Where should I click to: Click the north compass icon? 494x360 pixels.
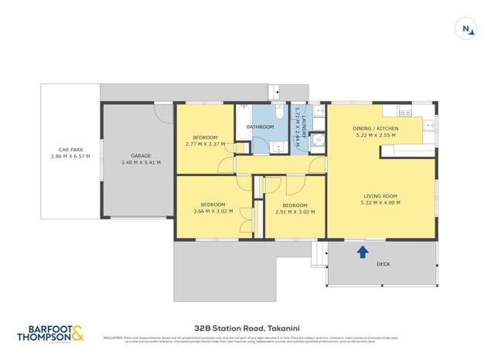[465, 29]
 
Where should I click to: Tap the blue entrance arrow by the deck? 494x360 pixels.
[362, 250]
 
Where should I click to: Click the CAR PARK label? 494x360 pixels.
[70, 150]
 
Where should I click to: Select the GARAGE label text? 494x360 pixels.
[141, 156]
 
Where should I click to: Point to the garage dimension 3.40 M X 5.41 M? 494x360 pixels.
[141, 163]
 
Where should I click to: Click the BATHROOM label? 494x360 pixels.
[261, 127]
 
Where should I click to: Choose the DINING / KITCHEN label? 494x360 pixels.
[375, 128]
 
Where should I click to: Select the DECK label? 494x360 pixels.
[383, 264]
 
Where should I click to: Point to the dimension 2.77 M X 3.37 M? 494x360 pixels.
[205, 144]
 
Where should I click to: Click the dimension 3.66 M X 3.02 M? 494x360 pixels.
[213, 211]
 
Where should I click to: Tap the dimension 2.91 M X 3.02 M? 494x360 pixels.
[295, 211]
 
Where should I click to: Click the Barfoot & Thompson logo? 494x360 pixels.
[50, 332]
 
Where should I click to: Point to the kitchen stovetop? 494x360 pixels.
[429, 124]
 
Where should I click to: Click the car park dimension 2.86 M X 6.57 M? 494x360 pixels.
[70, 157]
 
